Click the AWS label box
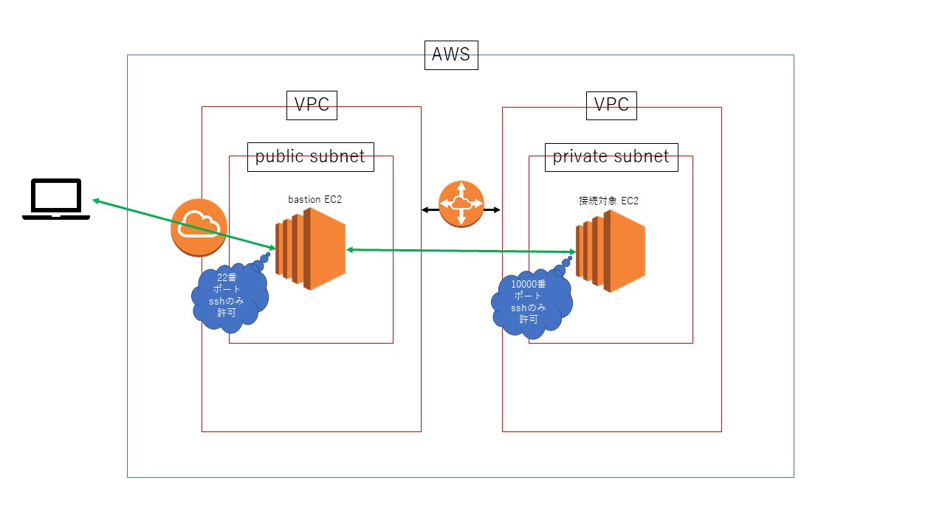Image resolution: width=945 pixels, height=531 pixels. pyautogui.click(x=451, y=55)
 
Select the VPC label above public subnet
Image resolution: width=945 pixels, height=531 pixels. pyautogui.click(x=312, y=105)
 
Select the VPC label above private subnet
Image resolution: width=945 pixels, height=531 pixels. pyautogui.click(x=611, y=105)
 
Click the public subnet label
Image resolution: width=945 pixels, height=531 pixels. pyautogui.click(x=310, y=156)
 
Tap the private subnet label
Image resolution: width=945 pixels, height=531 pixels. pyautogui.click(x=611, y=156)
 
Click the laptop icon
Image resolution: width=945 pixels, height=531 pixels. pyautogui.click(x=56, y=200)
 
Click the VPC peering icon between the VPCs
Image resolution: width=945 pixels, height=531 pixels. pyautogui.click(x=461, y=204)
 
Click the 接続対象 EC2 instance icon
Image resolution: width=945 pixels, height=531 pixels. pyautogui.click(x=612, y=251)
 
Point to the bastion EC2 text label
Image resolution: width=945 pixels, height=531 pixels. pyautogui.click(x=315, y=200)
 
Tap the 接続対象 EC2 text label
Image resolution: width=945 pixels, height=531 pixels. pyautogui.click(x=608, y=201)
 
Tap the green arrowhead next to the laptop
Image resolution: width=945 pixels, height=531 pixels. pyautogui.click(x=96, y=201)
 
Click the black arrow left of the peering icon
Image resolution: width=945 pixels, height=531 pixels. pyautogui.click(x=429, y=210)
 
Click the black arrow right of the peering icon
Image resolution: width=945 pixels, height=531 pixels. pyautogui.click(x=493, y=210)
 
